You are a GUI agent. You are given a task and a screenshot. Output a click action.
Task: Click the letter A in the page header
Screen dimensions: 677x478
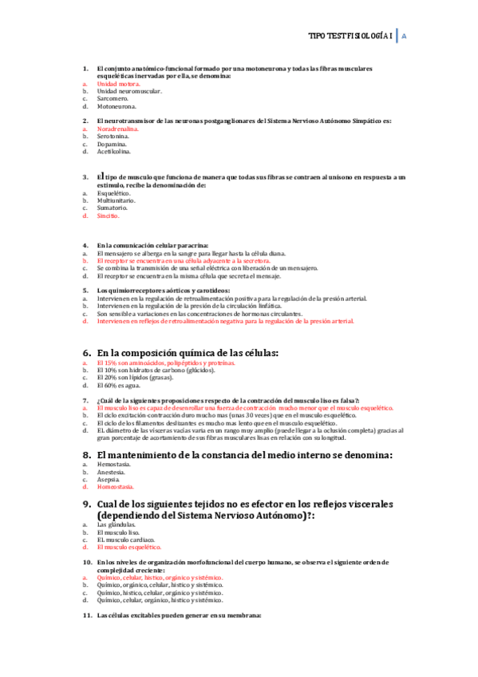point(405,37)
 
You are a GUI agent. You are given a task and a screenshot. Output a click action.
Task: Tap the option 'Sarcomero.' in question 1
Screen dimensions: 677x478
point(113,98)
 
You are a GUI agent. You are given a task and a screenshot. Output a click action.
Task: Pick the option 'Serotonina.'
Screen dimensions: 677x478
point(113,137)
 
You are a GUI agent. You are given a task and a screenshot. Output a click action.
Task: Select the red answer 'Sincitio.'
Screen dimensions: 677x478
point(109,216)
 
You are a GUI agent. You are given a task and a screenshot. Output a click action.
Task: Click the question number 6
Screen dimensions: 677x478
point(88,353)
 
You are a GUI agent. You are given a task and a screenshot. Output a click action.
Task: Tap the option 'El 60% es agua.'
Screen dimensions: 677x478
point(118,385)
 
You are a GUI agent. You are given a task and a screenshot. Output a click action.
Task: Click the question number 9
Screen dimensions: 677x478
point(88,505)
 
